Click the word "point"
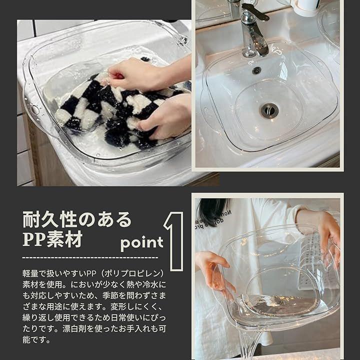[x=142, y=243]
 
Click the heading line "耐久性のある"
[x=77, y=219]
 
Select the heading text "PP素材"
[x=52, y=239]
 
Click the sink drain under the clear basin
[x=269, y=110]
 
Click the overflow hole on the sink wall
[x=256, y=70]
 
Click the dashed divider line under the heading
[x=90, y=257]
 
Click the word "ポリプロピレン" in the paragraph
[x=132, y=273]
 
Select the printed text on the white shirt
[x=212, y=221]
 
